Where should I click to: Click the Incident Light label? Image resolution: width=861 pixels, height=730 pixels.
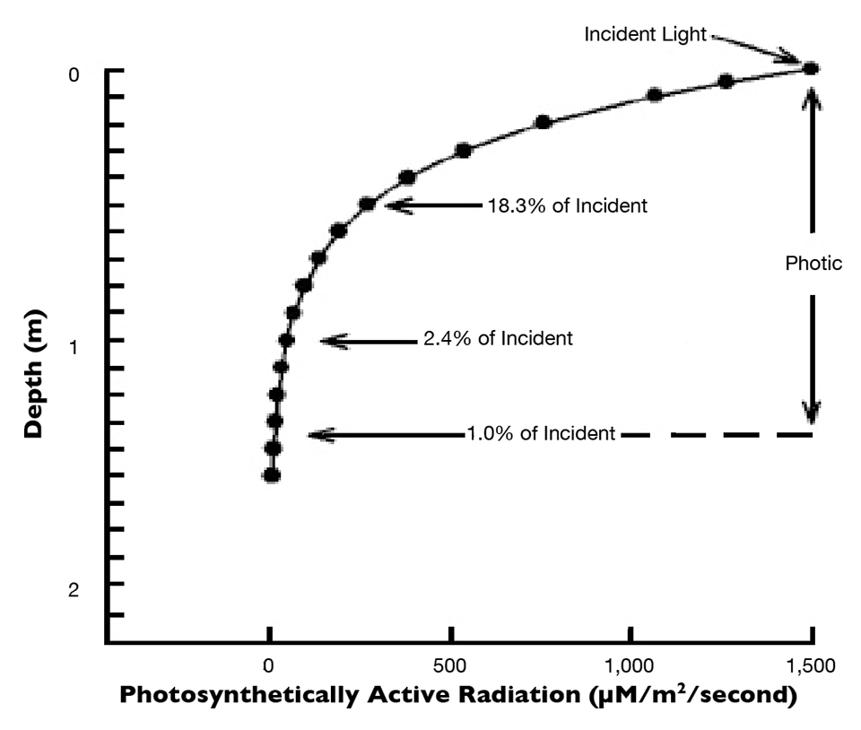(x=646, y=34)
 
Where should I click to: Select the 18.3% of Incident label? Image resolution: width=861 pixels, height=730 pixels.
(x=567, y=205)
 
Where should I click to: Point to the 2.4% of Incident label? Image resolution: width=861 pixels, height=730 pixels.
(x=497, y=339)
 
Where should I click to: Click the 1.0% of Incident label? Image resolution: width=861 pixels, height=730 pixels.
(x=541, y=434)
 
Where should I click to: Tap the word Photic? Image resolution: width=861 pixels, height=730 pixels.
(x=813, y=263)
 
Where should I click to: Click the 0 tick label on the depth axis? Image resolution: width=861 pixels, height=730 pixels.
(x=75, y=74)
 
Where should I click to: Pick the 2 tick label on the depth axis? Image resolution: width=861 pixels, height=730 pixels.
(x=75, y=589)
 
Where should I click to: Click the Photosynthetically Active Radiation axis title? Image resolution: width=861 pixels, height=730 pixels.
(x=457, y=697)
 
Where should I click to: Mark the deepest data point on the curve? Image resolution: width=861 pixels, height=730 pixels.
(x=271, y=475)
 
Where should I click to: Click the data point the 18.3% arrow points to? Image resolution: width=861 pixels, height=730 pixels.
(x=367, y=204)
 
